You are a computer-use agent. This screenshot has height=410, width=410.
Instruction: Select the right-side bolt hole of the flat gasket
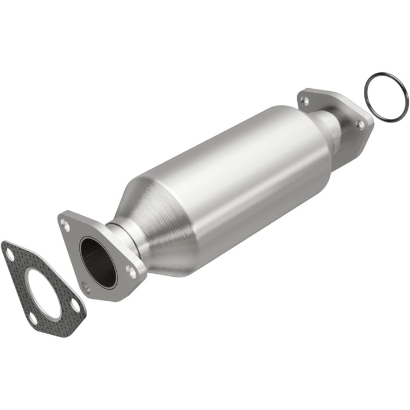click(x=75, y=306)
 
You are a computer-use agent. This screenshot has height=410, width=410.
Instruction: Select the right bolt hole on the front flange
click(x=132, y=273)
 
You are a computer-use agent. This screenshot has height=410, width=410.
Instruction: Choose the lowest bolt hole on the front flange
click(x=86, y=288)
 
